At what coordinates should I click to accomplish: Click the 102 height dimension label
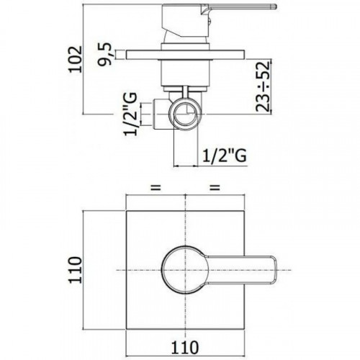[76, 59]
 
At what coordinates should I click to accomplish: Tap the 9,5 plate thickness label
[105, 54]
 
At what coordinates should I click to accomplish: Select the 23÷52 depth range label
[263, 86]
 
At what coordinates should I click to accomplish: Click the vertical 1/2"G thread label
[131, 114]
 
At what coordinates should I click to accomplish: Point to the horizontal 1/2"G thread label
[225, 156]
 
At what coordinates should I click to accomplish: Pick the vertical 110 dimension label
[76, 270]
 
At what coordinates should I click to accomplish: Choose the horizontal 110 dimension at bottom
[185, 347]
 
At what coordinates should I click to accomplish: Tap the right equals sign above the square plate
[215, 187]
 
